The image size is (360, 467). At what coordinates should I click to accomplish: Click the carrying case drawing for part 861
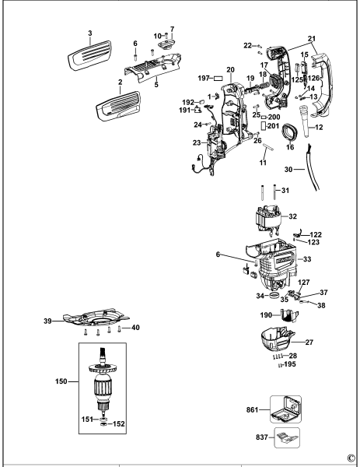click(x=284, y=407)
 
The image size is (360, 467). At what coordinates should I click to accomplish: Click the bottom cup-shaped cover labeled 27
click(x=280, y=339)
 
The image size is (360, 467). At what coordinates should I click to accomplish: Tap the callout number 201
click(x=274, y=125)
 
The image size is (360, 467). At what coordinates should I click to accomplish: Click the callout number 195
click(x=290, y=364)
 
